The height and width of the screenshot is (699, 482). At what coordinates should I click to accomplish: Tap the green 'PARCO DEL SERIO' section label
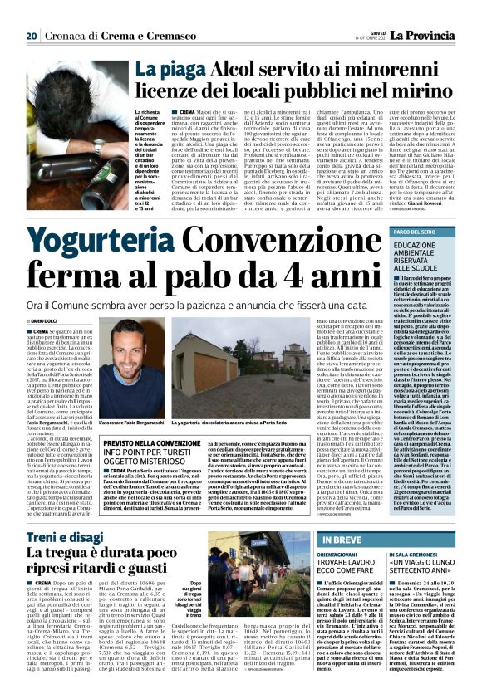(x=393, y=207)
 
